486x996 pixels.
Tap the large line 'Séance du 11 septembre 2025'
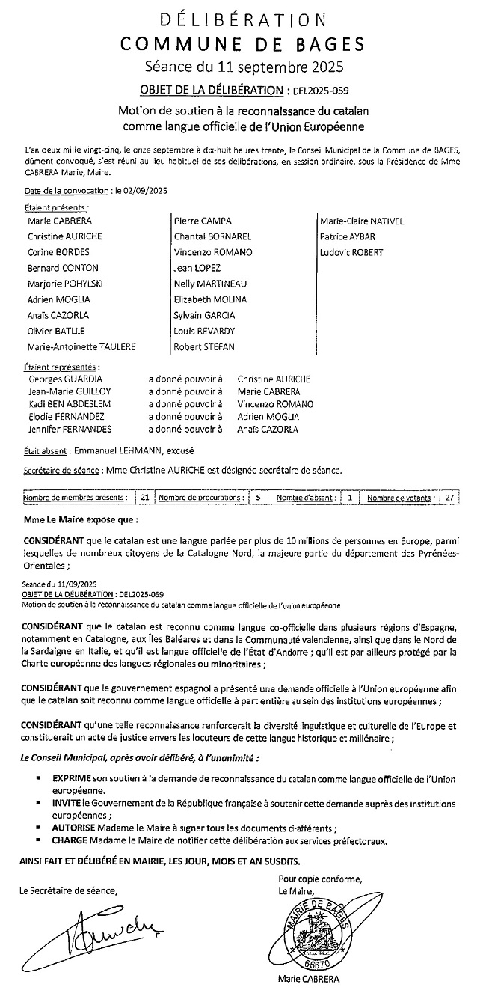(x=244, y=67)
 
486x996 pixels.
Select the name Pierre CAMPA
(x=202, y=221)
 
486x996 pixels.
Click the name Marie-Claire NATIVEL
(x=362, y=221)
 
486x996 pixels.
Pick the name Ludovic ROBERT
(x=351, y=252)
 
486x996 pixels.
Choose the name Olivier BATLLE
(x=56, y=331)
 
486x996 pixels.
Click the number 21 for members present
(x=144, y=497)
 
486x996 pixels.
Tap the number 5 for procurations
(x=258, y=497)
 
